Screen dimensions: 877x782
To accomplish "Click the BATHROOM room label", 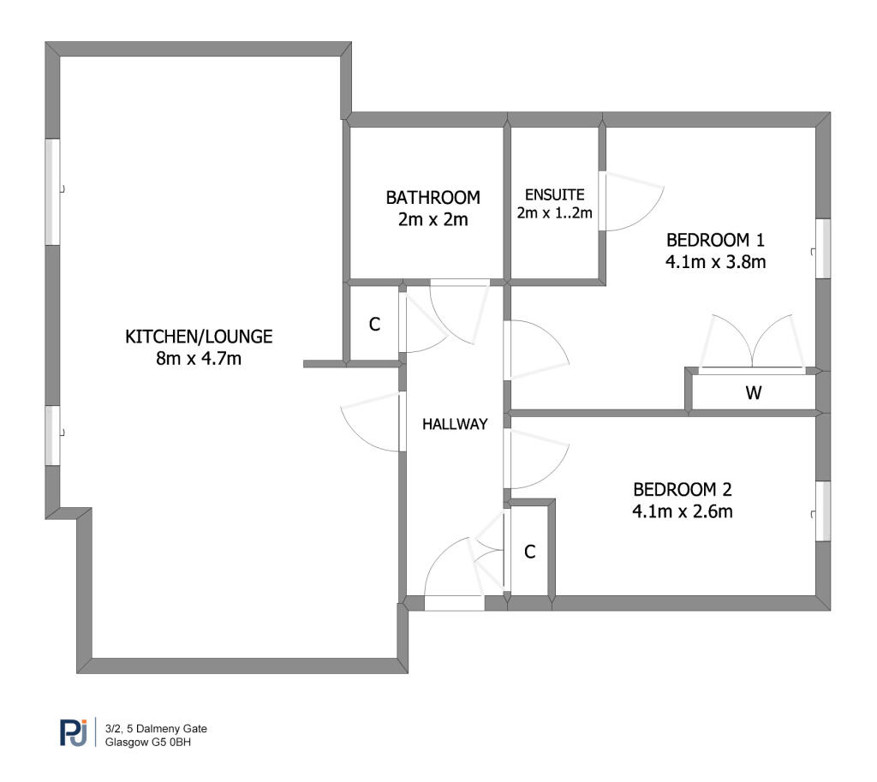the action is (x=433, y=198).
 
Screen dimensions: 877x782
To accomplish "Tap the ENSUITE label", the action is (x=554, y=194).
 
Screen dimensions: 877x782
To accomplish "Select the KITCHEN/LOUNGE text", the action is (x=199, y=336).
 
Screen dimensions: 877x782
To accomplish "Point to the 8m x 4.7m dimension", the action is (x=199, y=358).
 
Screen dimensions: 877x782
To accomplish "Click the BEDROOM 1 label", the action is (x=715, y=240).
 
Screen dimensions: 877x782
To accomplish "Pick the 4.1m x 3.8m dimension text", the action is (x=715, y=262).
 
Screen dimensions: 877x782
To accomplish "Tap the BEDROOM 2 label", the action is (x=683, y=489).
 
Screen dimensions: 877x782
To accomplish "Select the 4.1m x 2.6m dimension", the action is (x=683, y=511).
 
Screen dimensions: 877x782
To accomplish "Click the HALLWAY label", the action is (x=455, y=424).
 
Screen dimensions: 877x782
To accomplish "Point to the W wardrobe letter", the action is (x=754, y=392).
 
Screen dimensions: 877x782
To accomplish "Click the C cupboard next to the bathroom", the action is (x=375, y=324).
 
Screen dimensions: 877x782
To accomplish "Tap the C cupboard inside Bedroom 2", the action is (x=529, y=552).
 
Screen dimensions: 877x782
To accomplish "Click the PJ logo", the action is (x=74, y=732).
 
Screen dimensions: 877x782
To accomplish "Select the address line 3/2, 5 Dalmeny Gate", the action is (x=156, y=728).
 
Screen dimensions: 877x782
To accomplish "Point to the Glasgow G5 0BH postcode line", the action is (x=148, y=743).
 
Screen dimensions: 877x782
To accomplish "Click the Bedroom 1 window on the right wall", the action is (x=823, y=248).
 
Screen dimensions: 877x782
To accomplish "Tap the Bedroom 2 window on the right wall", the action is (x=823, y=510).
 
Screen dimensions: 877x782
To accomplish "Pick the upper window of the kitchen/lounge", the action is (x=52, y=191).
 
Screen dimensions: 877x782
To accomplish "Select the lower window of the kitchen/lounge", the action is (x=52, y=435).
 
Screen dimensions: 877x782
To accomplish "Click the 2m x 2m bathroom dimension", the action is (x=433, y=219).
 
